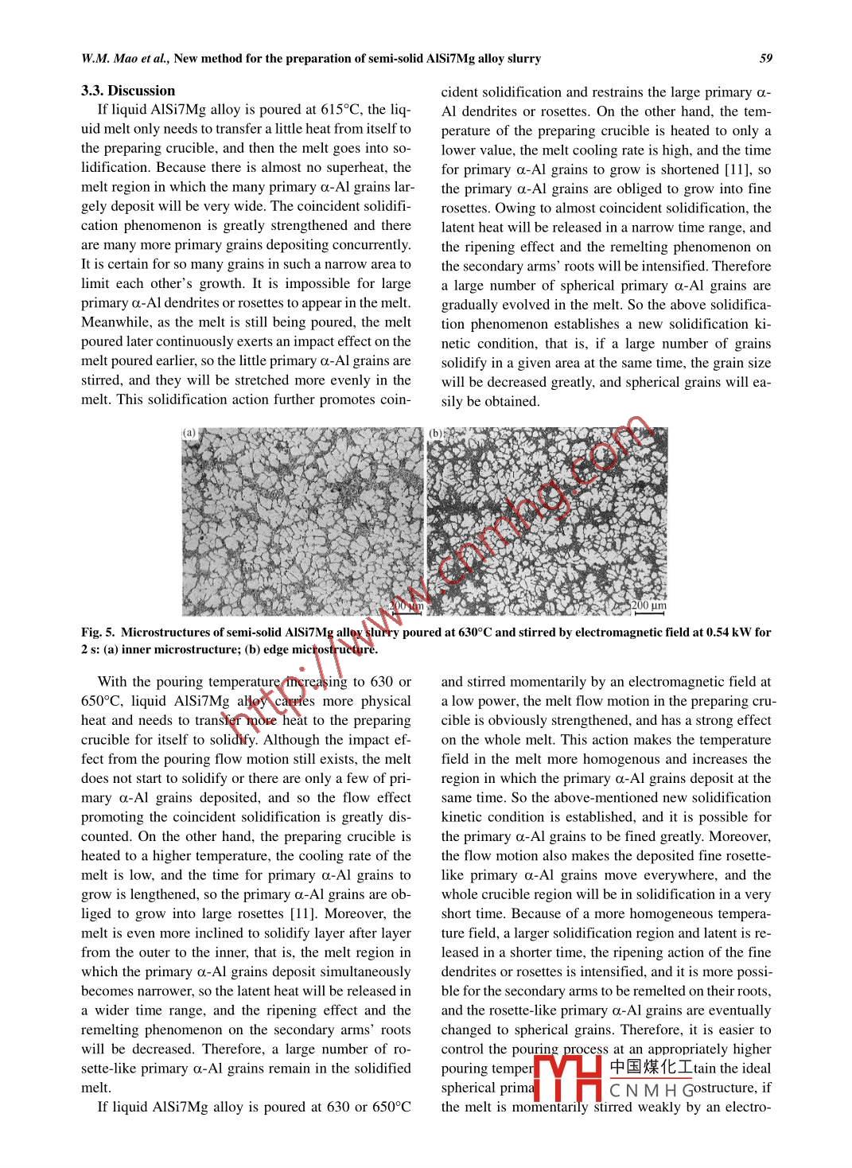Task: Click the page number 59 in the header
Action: click(766, 58)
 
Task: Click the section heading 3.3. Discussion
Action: click(128, 91)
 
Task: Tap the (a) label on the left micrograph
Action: click(189, 433)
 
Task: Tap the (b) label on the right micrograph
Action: click(436, 433)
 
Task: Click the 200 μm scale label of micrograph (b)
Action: click(649, 606)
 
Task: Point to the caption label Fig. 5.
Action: click(98, 633)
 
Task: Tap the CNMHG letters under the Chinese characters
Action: click(651, 1089)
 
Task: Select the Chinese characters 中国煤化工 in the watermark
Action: click(651, 1068)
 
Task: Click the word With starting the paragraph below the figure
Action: click(111, 682)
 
